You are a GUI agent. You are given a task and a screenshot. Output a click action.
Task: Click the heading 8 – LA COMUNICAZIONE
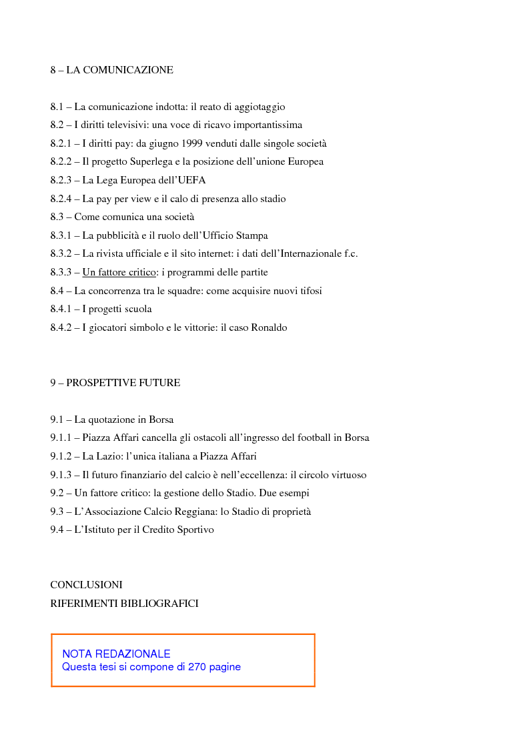(x=111, y=70)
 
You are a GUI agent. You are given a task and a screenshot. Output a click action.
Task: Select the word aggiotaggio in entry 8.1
(x=259, y=107)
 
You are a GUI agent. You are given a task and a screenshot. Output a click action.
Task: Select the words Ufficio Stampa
(x=238, y=235)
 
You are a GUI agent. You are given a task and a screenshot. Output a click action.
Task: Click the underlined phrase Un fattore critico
(x=119, y=273)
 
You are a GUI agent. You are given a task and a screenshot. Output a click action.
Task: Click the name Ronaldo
(x=269, y=328)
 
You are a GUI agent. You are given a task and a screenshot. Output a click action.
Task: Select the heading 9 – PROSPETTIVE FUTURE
(x=115, y=384)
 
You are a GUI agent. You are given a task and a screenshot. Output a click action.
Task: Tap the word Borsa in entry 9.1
(x=160, y=420)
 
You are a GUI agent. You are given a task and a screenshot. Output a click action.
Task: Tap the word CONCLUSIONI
(x=86, y=585)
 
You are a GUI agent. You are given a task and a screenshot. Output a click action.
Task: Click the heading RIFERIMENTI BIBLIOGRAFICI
(x=124, y=604)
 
